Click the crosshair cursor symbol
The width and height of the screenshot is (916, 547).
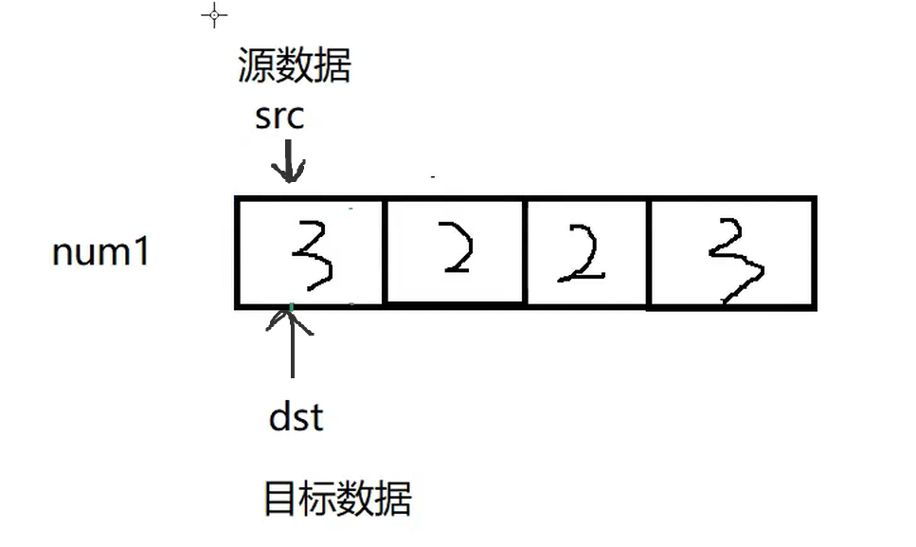(x=215, y=15)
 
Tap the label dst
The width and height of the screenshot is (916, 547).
(x=296, y=416)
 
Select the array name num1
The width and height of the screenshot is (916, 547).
(x=100, y=253)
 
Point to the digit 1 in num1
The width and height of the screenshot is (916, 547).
(x=141, y=253)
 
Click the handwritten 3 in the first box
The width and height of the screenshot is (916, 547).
(x=314, y=253)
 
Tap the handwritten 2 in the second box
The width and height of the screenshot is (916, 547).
(x=456, y=249)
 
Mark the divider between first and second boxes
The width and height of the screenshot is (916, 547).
(x=385, y=252)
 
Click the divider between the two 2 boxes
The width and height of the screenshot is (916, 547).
(x=525, y=252)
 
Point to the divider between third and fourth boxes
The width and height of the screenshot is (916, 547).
(x=648, y=252)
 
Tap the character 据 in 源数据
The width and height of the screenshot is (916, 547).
(x=332, y=67)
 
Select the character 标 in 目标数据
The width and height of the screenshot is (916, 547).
(x=318, y=499)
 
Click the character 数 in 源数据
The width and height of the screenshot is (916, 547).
(x=294, y=67)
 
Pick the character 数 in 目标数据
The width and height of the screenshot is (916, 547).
(x=356, y=499)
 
